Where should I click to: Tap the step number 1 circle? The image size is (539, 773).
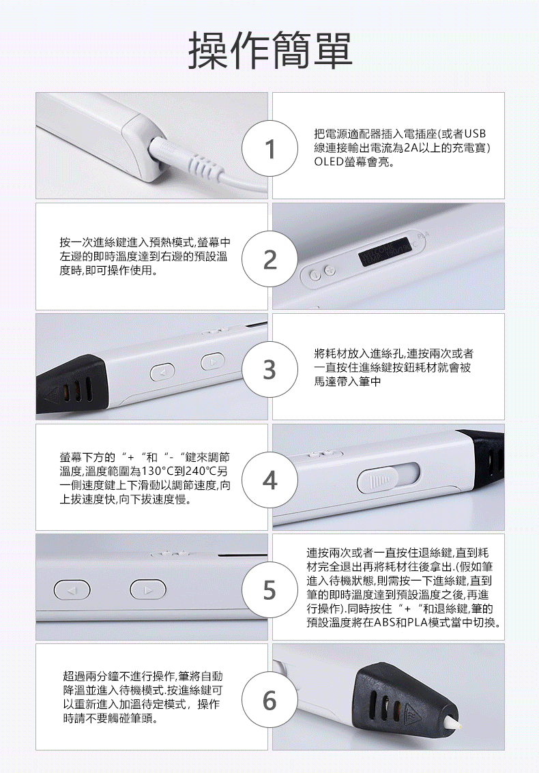click(269, 148)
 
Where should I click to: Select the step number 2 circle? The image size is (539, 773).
click(269, 259)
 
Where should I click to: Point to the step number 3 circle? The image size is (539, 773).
click(269, 369)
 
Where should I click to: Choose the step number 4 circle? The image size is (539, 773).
click(269, 480)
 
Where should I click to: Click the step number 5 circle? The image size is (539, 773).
click(269, 589)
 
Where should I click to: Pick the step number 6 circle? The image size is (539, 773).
click(269, 700)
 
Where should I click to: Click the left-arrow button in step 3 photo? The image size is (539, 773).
click(163, 371)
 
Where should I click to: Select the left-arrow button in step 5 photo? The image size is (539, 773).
click(72, 590)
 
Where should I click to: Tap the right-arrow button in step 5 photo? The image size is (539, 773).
click(148, 589)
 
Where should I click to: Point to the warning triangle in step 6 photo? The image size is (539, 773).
click(411, 712)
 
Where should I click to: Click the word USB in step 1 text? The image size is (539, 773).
click(476, 134)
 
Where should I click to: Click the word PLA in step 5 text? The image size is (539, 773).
click(417, 623)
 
